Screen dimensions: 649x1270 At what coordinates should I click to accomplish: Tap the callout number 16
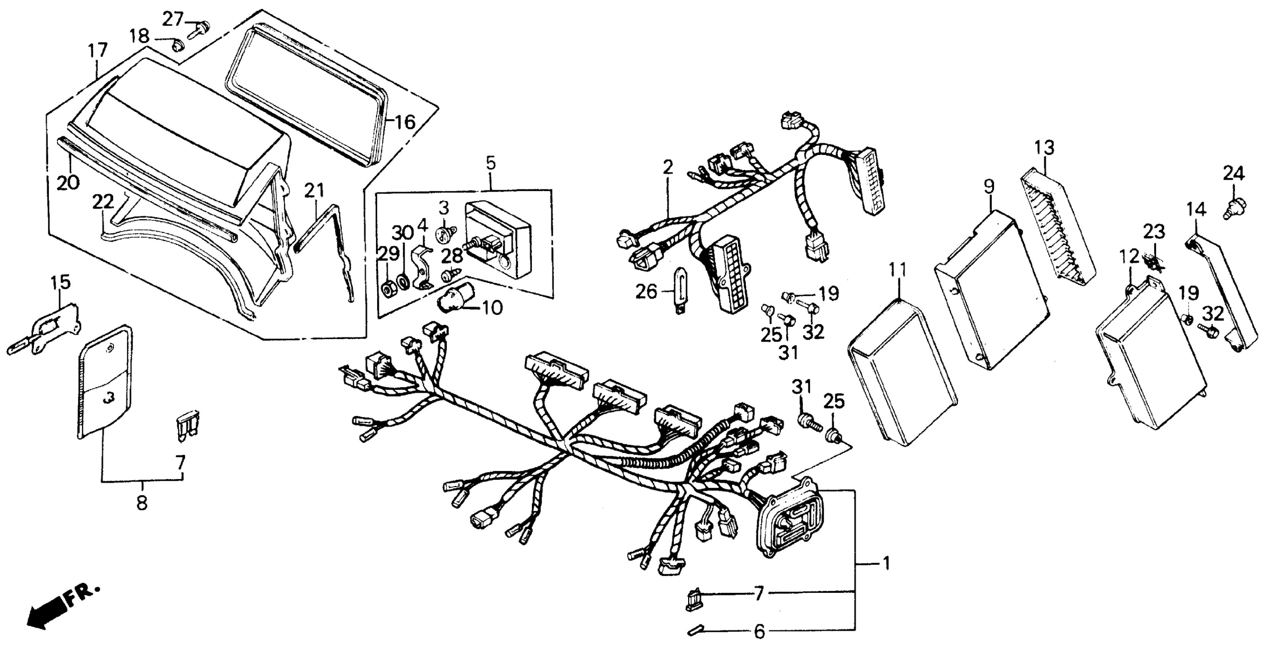pos(405,122)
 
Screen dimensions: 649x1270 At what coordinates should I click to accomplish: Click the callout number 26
pos(646,292)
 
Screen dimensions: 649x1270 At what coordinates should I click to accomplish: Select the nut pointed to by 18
pos(176,46)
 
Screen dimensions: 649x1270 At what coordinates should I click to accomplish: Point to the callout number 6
pos(759,631)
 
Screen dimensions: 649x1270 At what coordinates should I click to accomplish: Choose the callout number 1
pos(886,563)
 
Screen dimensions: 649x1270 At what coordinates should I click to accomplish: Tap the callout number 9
pos(988,187)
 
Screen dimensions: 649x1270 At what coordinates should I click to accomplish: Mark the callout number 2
pos(667,168)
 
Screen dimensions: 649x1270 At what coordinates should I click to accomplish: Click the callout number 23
pos(1153,232)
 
